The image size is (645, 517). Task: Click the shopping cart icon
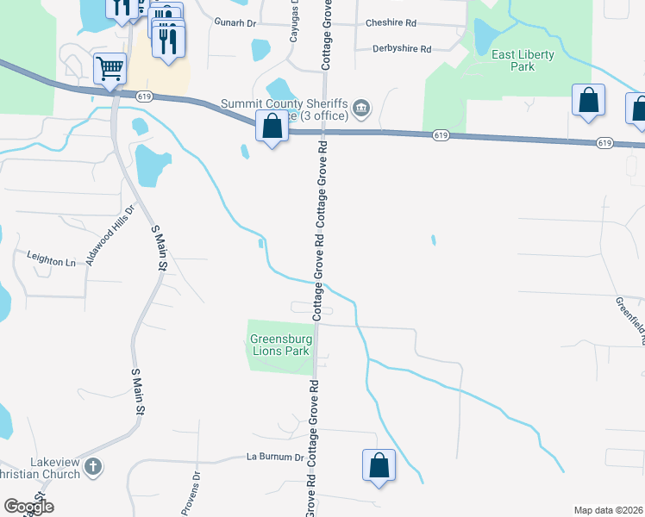point(110,69)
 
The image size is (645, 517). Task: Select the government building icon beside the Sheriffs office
point(361,108)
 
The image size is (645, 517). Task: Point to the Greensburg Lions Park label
point(280,345)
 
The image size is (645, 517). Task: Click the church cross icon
point(93,468)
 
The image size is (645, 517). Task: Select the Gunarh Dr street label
point(235,23)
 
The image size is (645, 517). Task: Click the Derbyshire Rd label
point(402,49)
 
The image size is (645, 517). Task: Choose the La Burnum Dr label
point(276,457)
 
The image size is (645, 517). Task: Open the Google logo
point(28,507)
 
